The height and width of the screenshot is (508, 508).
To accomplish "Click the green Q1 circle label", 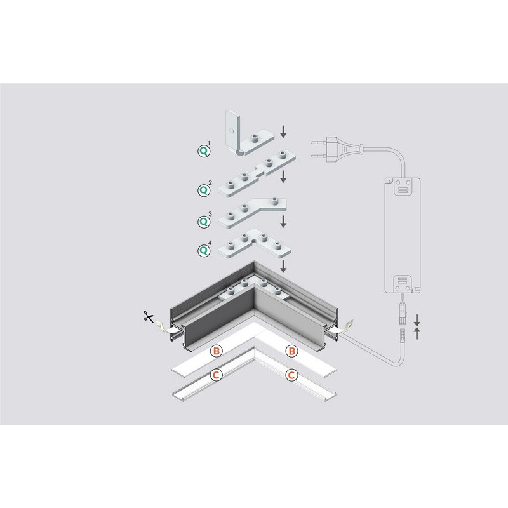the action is click(203, 151).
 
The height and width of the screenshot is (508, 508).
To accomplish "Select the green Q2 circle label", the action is click(203, 190).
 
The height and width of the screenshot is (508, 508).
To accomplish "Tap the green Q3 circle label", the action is click(203, 222).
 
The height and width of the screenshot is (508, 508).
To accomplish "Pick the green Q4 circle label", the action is click(203, 250).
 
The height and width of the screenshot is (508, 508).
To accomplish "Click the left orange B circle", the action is click(217, 351).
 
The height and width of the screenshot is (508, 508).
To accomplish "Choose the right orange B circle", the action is click(291, 351).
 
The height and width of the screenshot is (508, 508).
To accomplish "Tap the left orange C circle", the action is click(216, 375).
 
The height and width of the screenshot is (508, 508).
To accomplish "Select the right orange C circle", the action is click(291, 375).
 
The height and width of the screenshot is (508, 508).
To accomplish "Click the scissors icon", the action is click(149, 316).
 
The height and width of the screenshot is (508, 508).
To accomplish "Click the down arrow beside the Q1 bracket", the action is click(283, 131).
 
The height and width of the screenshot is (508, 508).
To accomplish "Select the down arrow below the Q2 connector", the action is click(283, 177).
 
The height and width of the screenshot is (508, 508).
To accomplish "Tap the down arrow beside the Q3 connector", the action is click(283, 222).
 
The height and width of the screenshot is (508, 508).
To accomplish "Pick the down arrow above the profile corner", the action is click(283, 266).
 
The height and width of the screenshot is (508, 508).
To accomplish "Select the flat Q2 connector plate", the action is click(256, 174).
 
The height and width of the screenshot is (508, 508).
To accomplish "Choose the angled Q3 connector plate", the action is click(251, 213).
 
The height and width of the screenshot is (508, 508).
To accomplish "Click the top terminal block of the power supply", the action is click(403, 187).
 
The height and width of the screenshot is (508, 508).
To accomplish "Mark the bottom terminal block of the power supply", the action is click(403, 284).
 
